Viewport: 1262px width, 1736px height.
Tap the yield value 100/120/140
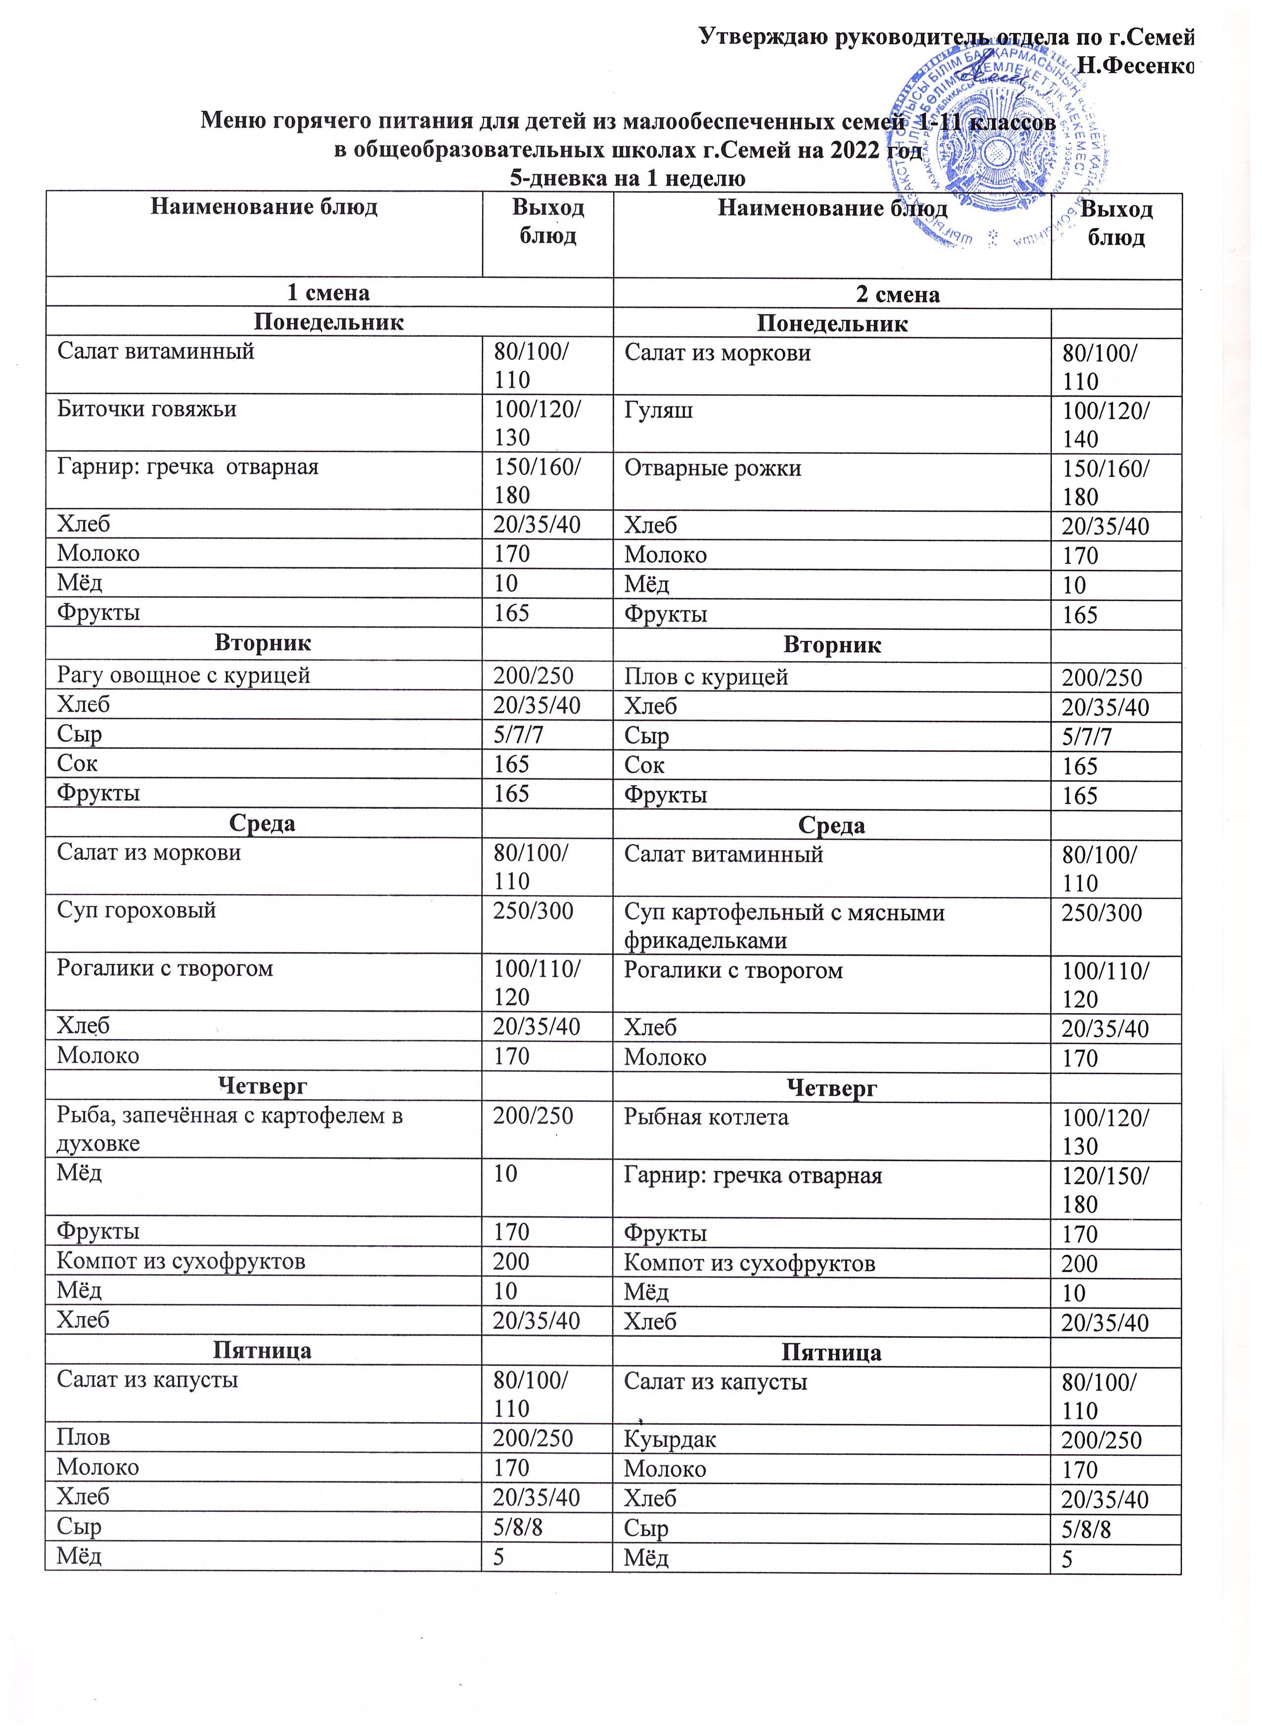(1105, 425)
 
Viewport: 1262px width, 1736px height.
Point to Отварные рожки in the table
(713, 468)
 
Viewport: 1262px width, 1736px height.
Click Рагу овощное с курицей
(183, 675)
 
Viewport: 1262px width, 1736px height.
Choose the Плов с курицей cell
(706, 678)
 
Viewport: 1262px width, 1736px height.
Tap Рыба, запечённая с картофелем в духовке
(229, 1129)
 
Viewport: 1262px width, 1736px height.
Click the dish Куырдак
(671, 1440)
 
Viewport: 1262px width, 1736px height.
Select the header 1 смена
(328, 292)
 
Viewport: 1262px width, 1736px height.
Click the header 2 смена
(898, 295)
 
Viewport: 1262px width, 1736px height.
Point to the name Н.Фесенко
(1136, 67)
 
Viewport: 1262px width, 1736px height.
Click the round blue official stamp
(987, 153)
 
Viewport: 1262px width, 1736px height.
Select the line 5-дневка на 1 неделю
(628, 179)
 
